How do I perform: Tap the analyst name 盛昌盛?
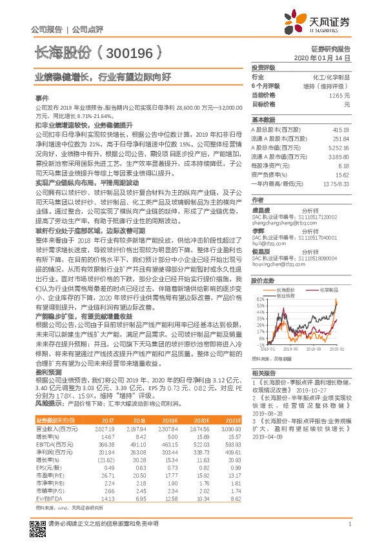pyautogui.click(x=261, y=209)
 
